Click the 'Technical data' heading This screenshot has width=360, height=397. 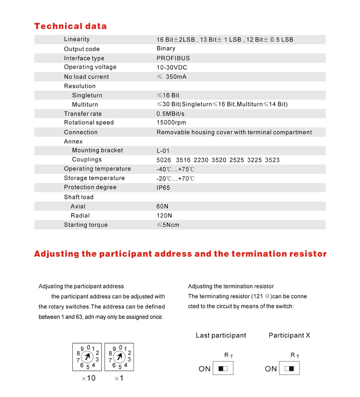pyautogui.click(x=70, y=26)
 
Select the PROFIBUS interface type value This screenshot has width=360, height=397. pyautogui.click(x=173, y=58)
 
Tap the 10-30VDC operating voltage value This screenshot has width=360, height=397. pyautogui.click(x=172, y=67)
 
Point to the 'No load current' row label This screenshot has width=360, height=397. pyautogui.click(x=86, y=77)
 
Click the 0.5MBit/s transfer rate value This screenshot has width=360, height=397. pyautogui.click(x=170, y=114)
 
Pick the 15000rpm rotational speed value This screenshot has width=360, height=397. pyautogui.click(x=171, y=122)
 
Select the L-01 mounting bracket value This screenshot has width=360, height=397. pyautogui.click(x=163, y=151)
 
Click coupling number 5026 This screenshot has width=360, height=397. pyautogui.click(x=164, y=160)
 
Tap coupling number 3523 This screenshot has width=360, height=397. pyautogui.click(x=272, y=160)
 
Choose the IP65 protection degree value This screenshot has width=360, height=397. pyautogui.click(x=163, y=188)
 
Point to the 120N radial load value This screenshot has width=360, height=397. pyautogui.click(x=164, y=216)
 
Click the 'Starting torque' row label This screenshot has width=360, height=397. pyautogui.click(x=86, y=225)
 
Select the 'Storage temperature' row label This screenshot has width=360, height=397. pyautogui.click(x=94, y=178)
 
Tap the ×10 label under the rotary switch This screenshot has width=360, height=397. pyautogui.click(x=88, y=378)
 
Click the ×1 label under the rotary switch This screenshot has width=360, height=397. pyautogui.click(x=119, y=378)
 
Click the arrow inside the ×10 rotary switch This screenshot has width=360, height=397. pyautogui.click(x=87, y=356)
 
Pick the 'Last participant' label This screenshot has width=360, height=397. pyautogui.click(x=221, y=335)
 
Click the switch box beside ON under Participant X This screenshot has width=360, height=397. pyautogui.click(x=289, y=368)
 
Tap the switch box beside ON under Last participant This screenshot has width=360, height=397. pyautogui.click(x=223, y=368)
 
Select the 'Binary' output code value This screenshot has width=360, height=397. pyautogui.click(x=166, y=48)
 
